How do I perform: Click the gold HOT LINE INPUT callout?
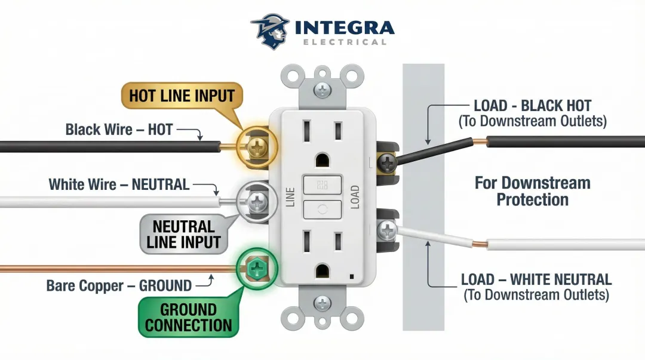point(182,96)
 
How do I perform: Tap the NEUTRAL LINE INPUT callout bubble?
point(183,234)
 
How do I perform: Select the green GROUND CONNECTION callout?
point(188,318)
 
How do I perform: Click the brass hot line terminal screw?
point(257,147)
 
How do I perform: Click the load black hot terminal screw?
point(388,161)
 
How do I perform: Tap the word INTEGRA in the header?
point(345,27)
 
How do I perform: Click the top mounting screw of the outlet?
point(322,90)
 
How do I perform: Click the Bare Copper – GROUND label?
point(119,285)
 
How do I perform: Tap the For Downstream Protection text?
point(532,191)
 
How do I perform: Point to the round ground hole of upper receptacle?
point(322,160)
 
